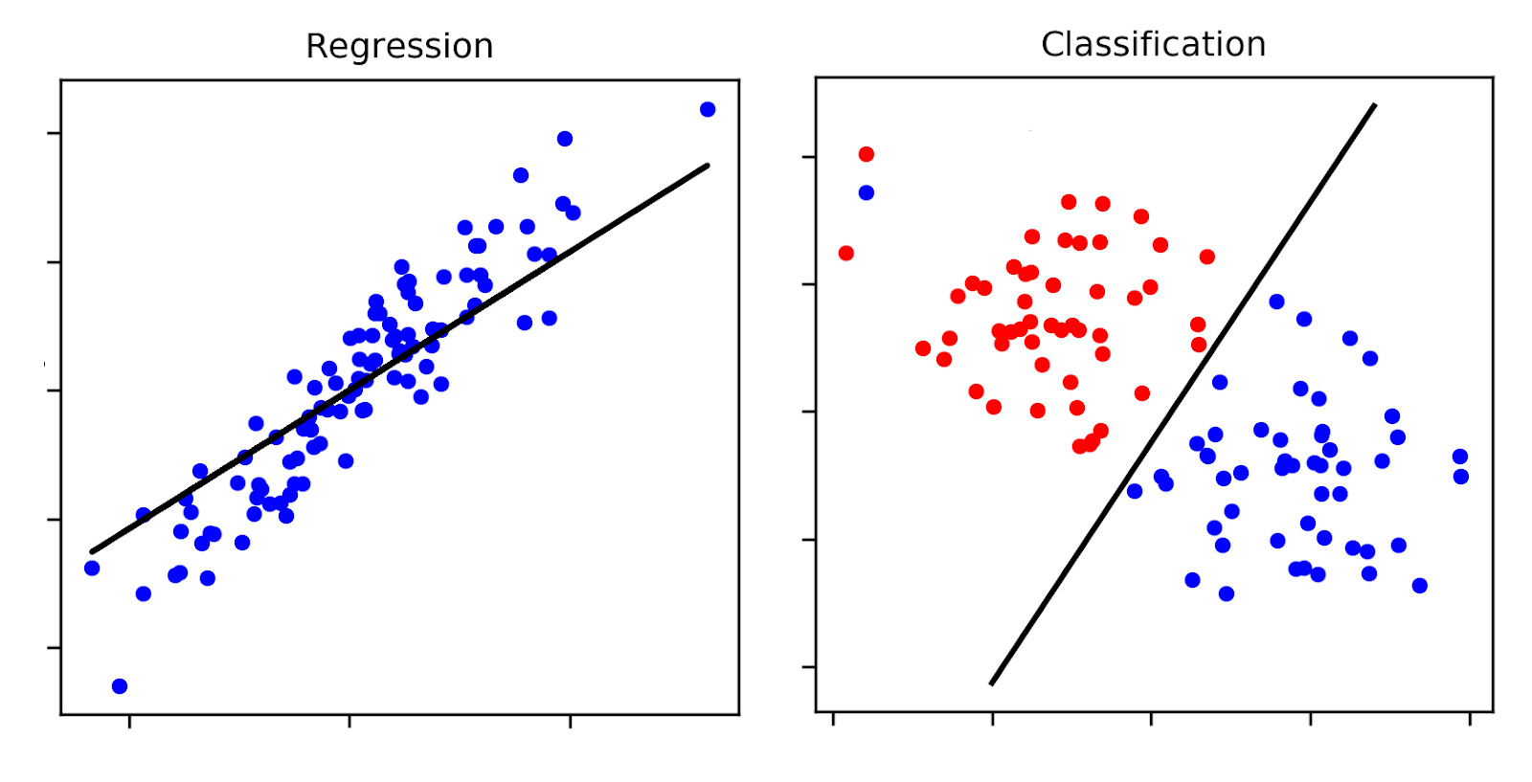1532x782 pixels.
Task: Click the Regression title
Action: tap(399, 46)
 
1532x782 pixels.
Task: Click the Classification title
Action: tap(1153, 44)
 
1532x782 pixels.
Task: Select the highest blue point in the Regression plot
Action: tap(708, 109)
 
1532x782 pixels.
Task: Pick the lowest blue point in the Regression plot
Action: tap(120, 686)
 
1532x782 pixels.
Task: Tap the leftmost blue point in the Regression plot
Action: tap(92, 569)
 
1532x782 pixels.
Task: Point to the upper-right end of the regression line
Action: tap(708, 166)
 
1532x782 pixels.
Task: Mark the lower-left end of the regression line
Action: tap(92, 551)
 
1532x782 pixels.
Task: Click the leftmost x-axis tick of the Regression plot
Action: tap(129, 721)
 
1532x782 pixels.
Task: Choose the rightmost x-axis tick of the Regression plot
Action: tap(571, 721)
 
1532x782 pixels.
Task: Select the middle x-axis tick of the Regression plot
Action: tap(349, 721)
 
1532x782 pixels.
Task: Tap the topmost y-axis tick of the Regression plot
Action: tap(54, 133)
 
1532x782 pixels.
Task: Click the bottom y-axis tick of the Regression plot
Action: tap(54, 648)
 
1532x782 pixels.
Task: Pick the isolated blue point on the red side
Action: tap(867, 192)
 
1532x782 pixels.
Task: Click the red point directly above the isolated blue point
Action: tap(867, 154)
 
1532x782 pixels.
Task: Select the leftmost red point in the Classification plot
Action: tap(846, 254)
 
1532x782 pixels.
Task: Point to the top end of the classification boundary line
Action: tap(1375, 104)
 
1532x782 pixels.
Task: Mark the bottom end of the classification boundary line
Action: tap(991, 684)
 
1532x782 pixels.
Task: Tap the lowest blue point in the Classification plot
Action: tap(1227, 593)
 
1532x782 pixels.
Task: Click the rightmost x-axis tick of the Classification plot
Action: tap(1470, 718)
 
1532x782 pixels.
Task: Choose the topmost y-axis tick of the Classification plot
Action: tap(809, 156)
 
